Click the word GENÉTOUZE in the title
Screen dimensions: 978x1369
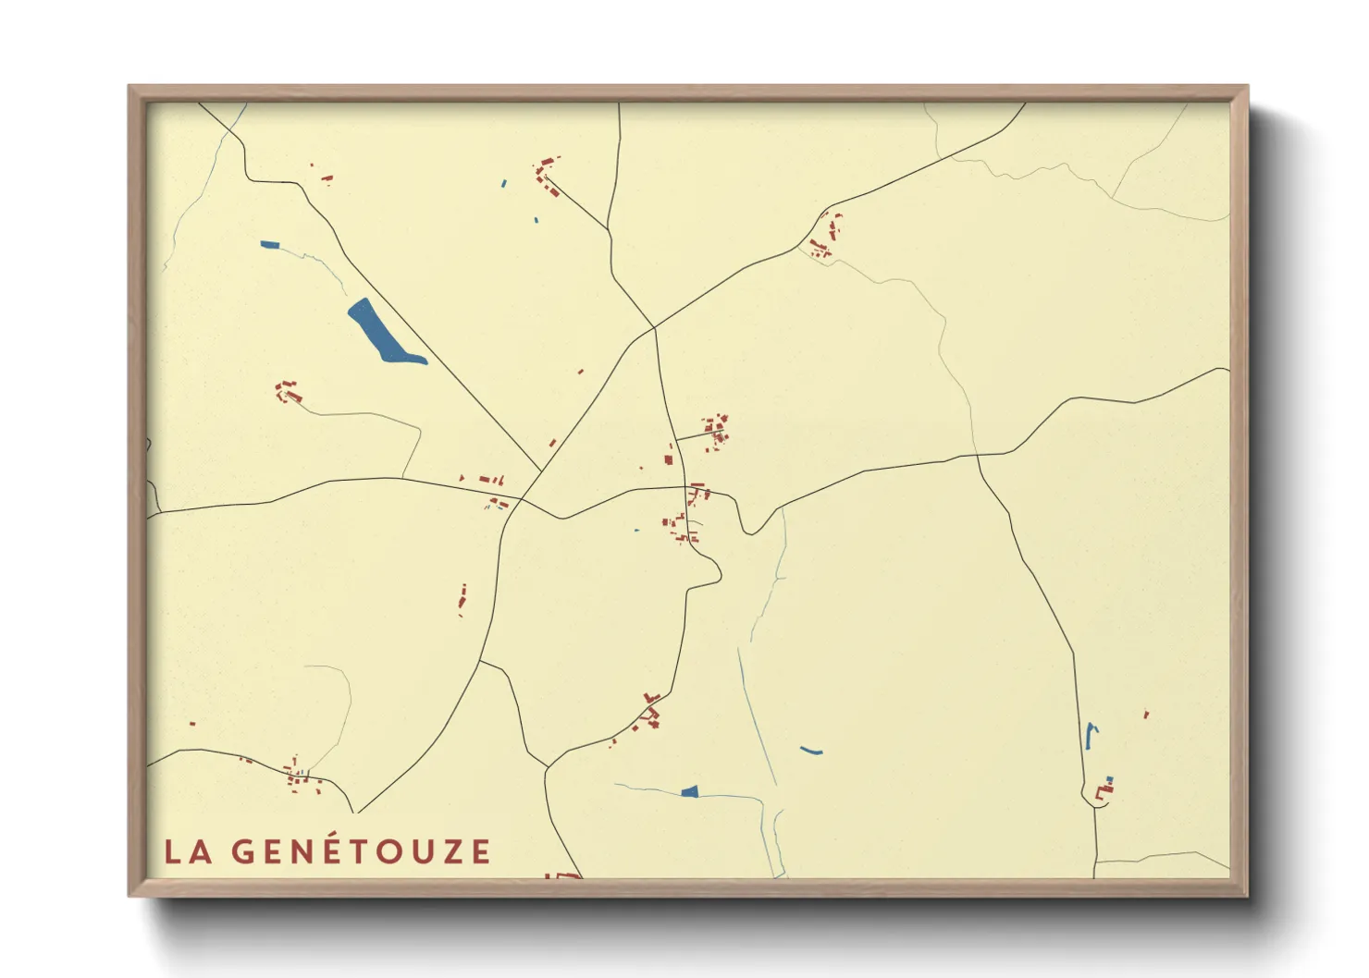click(361, 851)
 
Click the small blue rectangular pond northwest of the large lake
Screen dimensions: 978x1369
click(269, 245)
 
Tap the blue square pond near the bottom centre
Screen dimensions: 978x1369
click(689, 791)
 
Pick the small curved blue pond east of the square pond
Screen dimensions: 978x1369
click(811, 751)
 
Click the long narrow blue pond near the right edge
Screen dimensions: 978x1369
click(1090, 736)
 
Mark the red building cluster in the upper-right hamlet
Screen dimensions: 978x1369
click(825, 236)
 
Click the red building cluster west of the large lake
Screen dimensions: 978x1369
click(288, 392)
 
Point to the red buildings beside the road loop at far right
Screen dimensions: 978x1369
click(1104, 789)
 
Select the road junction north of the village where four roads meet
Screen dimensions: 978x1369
click(654, 327)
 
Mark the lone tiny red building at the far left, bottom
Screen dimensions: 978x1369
click(192, 724)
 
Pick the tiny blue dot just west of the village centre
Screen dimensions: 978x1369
click(636, 531)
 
